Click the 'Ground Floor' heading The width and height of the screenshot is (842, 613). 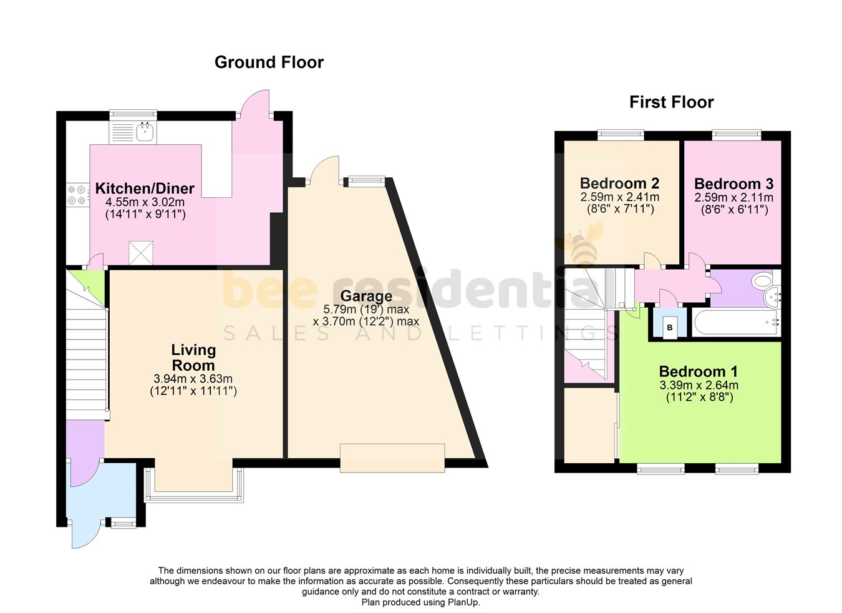point(269,62)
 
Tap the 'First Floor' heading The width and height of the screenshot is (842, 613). point(671,102)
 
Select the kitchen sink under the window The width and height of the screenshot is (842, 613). point(145,131)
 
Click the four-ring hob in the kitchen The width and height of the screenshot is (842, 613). point(77,195)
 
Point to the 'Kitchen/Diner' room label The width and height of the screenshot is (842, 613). point(145,189)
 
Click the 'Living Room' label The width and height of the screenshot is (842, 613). point(193,358)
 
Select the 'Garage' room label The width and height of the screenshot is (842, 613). point(366,296)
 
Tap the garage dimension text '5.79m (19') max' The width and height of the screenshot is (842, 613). point(366,310)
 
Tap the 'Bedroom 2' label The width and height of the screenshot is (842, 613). point(619,184)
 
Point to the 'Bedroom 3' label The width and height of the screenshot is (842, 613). point(733,184)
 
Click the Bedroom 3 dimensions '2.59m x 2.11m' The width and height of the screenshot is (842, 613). point(733,198)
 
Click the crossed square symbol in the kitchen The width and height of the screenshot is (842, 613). point(141,253)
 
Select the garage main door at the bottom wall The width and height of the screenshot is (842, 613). point(392,457)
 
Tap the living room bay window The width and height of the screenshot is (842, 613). point(193,496)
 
